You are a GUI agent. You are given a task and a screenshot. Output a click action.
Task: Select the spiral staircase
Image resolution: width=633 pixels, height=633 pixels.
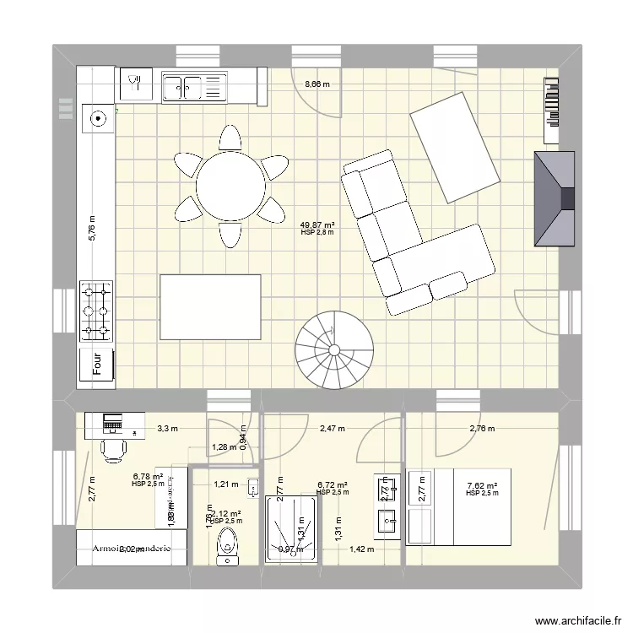coord(333,348)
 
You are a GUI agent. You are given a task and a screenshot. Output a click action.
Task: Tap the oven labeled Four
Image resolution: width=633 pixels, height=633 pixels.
coord(97,364)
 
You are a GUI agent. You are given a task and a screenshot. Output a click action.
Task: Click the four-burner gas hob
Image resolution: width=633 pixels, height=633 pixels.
coord(97,310)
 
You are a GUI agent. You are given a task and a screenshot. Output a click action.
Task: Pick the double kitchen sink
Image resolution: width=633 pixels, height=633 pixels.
coord(195,85)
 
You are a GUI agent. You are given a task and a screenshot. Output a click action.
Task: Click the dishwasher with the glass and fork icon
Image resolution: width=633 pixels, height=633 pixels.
coord(135,84)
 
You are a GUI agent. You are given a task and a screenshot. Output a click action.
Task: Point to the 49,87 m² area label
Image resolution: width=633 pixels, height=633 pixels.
coord(317,225)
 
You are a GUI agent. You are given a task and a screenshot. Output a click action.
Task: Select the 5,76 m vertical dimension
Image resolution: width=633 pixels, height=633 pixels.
coord(92,228)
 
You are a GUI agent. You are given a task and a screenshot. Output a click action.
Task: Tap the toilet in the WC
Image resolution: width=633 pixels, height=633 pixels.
coord(225,546)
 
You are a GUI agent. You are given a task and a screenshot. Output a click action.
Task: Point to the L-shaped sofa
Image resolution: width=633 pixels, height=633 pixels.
coord(414,241)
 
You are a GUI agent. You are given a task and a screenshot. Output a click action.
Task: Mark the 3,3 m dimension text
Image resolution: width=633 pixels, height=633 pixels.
coord(167,429)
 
